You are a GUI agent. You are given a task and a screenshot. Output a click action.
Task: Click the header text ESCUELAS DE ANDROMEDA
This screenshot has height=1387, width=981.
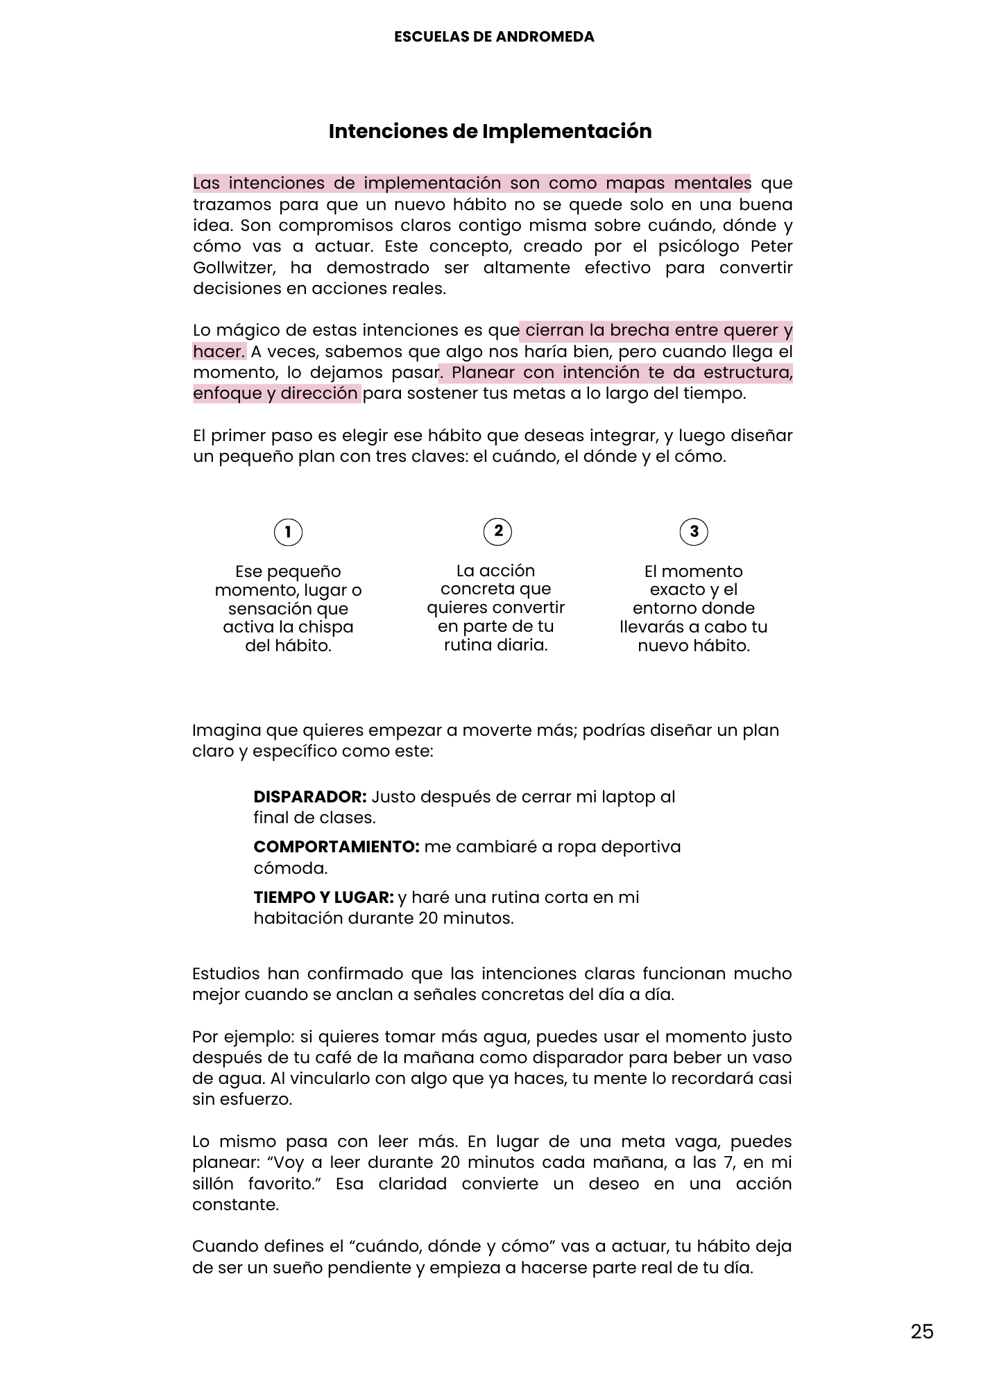(494, 37)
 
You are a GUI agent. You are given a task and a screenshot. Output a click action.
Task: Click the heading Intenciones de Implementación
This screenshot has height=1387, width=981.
(490, 131)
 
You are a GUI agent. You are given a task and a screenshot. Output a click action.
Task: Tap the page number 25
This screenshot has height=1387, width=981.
(922, 1332)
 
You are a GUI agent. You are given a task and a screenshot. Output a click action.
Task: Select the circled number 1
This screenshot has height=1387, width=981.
(288, 533)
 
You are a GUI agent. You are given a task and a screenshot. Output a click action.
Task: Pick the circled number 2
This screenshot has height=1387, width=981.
(497, 531)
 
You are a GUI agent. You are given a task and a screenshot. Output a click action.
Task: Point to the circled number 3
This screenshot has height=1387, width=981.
(694, 532)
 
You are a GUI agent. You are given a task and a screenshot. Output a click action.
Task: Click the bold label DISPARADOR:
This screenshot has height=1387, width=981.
(309, 797)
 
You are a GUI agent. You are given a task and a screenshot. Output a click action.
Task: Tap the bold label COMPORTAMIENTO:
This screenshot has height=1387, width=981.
(336, 847)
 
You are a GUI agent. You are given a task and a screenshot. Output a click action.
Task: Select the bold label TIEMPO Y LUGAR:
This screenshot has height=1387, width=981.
(323, 897)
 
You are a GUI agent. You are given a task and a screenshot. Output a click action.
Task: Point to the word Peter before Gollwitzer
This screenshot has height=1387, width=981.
(771, 247)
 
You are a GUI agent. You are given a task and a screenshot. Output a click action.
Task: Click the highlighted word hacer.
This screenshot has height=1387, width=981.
(219, 352)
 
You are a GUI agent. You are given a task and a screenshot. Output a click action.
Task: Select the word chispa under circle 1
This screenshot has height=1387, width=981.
(327, 627)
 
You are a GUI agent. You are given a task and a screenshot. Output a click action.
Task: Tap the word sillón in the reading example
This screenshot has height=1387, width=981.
(213, 1184)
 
